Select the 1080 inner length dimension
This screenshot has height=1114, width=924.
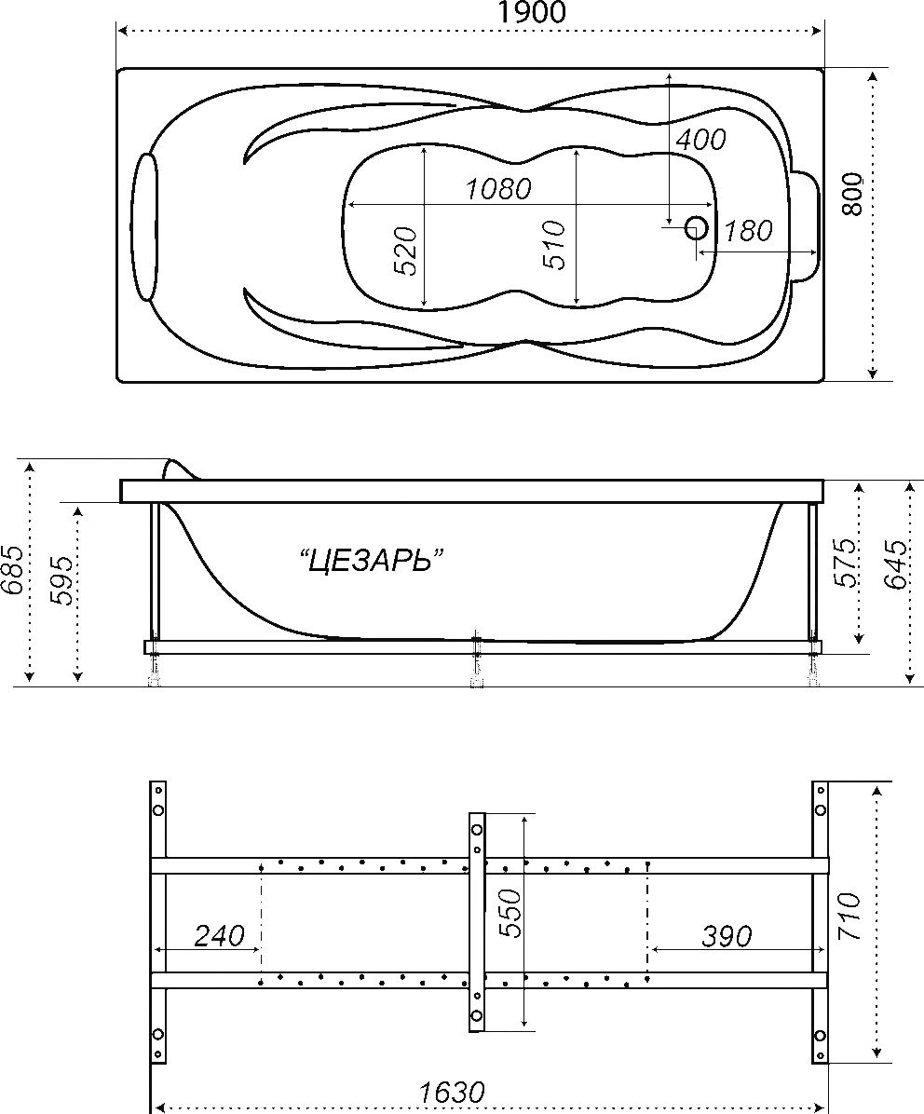point(498,189)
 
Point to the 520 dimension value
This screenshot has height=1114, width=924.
point(405,251)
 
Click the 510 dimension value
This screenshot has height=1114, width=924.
point(554,245)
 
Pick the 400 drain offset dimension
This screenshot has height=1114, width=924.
point(700,140)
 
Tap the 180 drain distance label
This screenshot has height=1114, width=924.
point(748,230)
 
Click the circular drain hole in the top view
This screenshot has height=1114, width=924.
point(696,228)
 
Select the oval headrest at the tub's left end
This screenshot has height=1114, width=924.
point(145,226)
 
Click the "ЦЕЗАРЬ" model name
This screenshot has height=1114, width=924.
point(369,562)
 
